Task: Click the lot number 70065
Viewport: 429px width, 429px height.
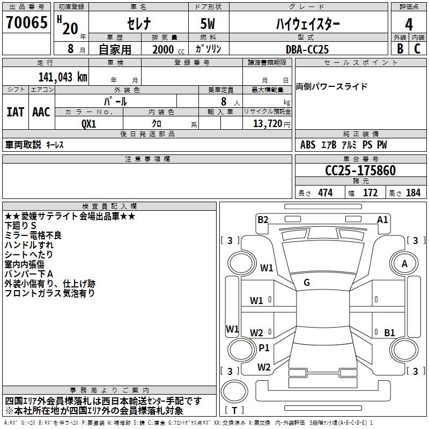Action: coord(26,23)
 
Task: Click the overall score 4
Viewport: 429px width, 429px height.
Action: coord(409,25)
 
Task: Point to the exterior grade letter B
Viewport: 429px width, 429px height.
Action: coord(400,49)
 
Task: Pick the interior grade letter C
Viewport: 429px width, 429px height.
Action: coord(418,49)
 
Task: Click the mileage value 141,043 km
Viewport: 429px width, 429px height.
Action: coord(63,76)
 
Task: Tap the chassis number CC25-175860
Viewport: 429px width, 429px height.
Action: coord(360,171)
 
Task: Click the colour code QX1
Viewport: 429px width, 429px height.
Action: coord(89,123)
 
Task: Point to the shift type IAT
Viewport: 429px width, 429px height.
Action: coord(15,112)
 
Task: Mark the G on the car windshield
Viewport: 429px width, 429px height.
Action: coord(306,283)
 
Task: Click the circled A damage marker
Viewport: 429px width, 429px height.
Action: coord(404,263)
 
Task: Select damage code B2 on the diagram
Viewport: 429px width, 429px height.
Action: coord(263,219)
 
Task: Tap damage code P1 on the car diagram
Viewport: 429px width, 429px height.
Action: coord(264,347)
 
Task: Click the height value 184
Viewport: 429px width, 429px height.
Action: coord(413,193)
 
